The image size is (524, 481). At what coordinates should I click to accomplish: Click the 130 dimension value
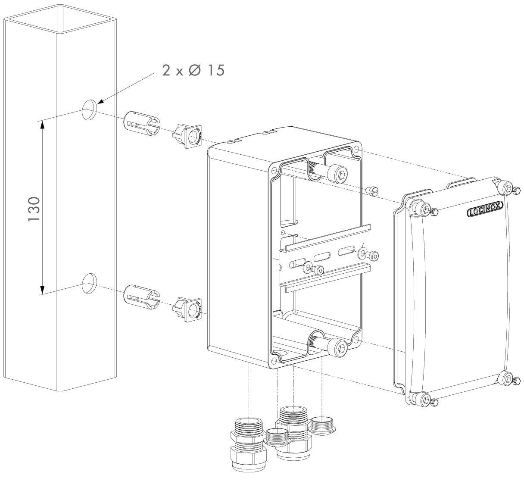[34, 209]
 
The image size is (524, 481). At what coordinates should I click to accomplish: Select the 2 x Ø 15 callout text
[193, 70]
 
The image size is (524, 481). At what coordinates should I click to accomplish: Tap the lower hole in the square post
[89, 283]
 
